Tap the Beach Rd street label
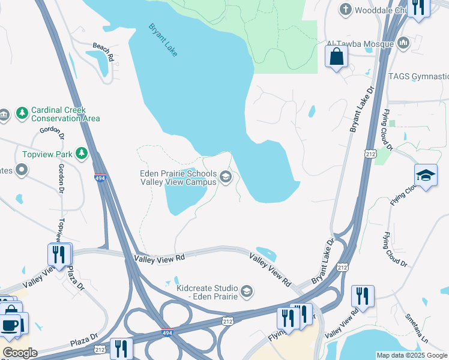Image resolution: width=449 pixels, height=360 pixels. pyautogui.click(x=103, y=52)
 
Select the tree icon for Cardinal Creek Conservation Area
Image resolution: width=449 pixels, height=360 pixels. pyautogui.click(x=22, y=113)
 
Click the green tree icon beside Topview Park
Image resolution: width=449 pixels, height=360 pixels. pyautogui.click(x=82, y=154)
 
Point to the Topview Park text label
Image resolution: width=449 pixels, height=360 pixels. pyautogui.click(x=47, y=154)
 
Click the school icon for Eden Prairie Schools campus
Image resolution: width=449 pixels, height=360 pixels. pyautogui.click(x=226, y=176)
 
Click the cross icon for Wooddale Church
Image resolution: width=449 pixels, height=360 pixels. pyautogui.click(x=345, y=9)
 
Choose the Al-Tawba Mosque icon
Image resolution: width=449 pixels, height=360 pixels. pyautogui.click(x=403, y=43)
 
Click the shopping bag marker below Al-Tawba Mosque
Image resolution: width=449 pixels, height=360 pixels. pyautogui.click(x=337, y=57)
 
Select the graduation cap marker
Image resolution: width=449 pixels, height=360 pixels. pyautogui.click(x=426, y=175)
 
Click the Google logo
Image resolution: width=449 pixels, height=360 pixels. pyautogui.click(x=20, y=352)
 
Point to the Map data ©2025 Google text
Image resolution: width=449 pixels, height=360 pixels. pyautogui.click(x=412, y=355)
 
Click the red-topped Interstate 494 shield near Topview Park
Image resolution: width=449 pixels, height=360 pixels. pyautogui.click(x=101, y=177)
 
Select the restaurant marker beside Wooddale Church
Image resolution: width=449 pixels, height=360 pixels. pyautogui.click(x=418, y=7)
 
